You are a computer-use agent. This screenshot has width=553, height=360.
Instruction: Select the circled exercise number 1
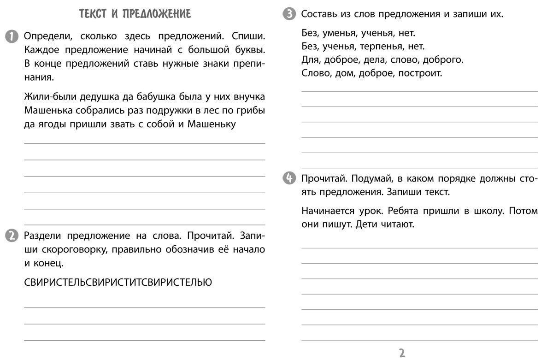coord(12,36)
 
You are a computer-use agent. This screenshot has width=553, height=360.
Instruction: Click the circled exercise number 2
coord(12,236)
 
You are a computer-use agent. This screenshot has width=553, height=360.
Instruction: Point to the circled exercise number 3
coord(289,14)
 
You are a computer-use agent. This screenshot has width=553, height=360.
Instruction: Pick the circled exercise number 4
coord(289,178)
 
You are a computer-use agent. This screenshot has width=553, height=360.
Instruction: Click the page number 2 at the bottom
coord(402,353)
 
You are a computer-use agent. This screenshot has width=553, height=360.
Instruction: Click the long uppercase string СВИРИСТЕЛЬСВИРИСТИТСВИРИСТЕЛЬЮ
coord(118,283)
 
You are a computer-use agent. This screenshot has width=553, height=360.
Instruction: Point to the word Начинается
coord(329,211)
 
